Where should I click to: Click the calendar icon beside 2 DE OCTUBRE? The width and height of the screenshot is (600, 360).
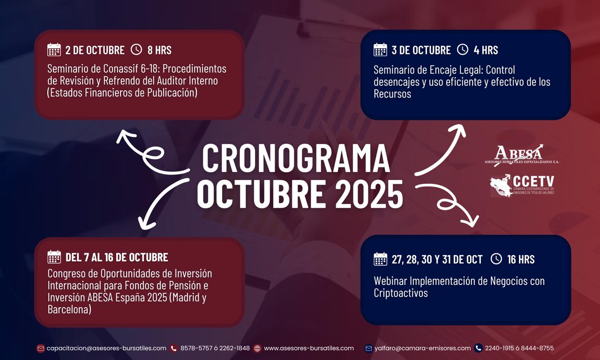[x=54, y=50]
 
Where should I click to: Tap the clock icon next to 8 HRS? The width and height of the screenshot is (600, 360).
[x=136, y=50]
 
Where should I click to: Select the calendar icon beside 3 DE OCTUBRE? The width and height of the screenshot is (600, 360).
[x=380, y=50]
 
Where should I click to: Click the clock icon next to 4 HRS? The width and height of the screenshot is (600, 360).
[x=463, y=50]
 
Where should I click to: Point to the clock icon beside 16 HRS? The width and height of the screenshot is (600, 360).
[x=496, y=259]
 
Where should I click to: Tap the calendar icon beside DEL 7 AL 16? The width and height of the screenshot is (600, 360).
[x=54, y=257]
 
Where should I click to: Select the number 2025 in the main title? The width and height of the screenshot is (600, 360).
[x=369, y=194]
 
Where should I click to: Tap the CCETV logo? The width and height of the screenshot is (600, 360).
[x=522, y=186]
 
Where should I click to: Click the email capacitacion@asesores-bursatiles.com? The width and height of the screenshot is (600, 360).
[x=106, y=348]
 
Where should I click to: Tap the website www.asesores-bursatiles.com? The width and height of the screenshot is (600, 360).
[x=309, y=348]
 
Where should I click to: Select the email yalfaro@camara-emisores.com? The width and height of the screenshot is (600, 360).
[x=422, y=348]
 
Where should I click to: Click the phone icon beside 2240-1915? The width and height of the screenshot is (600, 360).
[x=478, y=348]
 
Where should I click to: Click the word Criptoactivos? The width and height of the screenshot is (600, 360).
[x=401, y=293]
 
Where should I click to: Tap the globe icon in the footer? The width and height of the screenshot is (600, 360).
[x=257, y=348]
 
